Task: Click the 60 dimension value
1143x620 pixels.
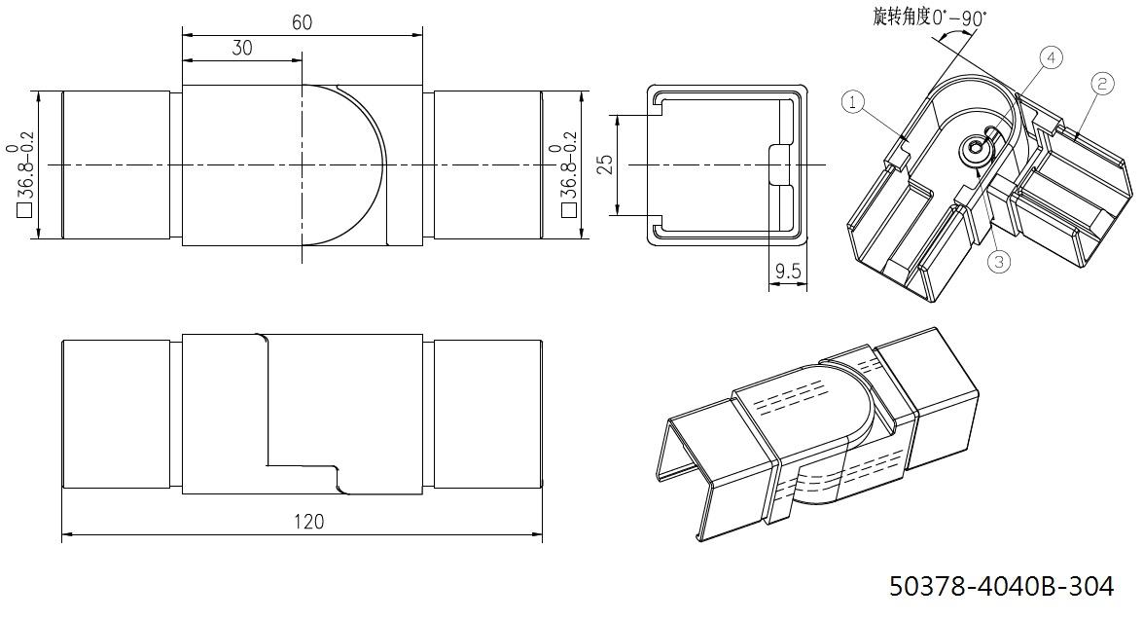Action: (x=302, y=22)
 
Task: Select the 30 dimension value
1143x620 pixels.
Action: (x=242, y=48)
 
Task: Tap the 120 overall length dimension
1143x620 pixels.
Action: (x=309, y=523)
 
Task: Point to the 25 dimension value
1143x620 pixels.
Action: (x=605, y=164)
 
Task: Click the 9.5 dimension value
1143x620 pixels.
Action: (x=788, y=273)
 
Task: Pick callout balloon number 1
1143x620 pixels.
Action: (x=854, y=102)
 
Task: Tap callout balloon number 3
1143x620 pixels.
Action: (x=999, y=262)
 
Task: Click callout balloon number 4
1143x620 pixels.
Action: (x=1051, y=57)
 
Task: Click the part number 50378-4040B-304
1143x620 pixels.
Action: (x=1002, y=587)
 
